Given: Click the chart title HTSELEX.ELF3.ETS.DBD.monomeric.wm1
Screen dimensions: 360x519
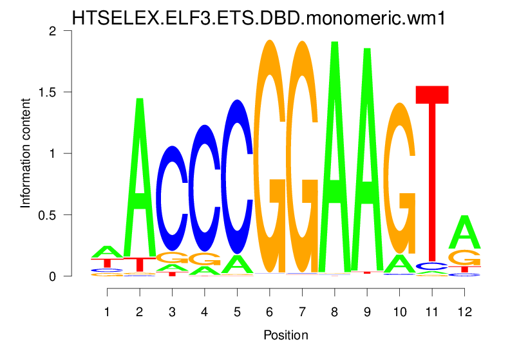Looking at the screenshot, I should point(259,17).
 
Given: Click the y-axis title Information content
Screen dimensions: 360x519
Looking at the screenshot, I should point(26,153).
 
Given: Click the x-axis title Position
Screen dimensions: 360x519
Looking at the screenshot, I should point(286,335).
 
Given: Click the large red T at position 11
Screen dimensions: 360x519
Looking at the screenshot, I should point(431,174).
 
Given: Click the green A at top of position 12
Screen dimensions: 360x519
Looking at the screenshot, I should point(464,232).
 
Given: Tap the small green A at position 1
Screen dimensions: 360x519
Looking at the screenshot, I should point(107,251).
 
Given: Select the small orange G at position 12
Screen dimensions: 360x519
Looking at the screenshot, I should point(464,258).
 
